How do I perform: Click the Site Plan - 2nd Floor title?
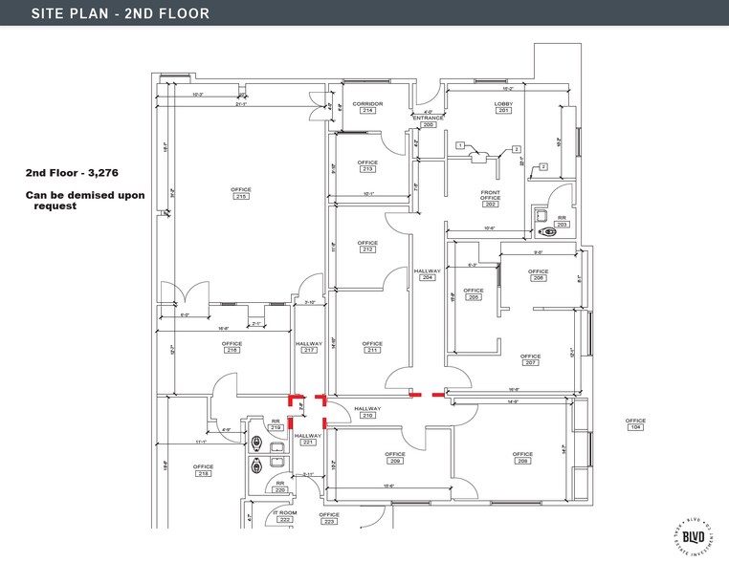click(x=106, y=13)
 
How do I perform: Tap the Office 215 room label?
click(x=240, y=193)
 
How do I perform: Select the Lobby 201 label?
click(x=503, y=106)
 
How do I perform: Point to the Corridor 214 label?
click(x=367, y=106)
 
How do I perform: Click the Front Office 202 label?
click(x=491, y=198)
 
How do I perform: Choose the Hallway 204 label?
click(x=428, y=274)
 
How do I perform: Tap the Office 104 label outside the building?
click(x=635, y=423)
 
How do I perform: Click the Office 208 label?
click(x=522, y=457)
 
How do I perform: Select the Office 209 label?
click(x=395, y=457)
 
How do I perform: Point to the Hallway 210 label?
click(x=367, y=412)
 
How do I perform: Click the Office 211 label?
click(x=372, y=347)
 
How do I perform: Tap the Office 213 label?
click(x=367, y=165)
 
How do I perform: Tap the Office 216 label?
click(x=232, y=347)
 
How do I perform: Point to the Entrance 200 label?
click(x=428, y=121)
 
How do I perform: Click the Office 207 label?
click(x=531, y=359)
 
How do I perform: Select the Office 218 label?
click(x=203, y=470)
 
